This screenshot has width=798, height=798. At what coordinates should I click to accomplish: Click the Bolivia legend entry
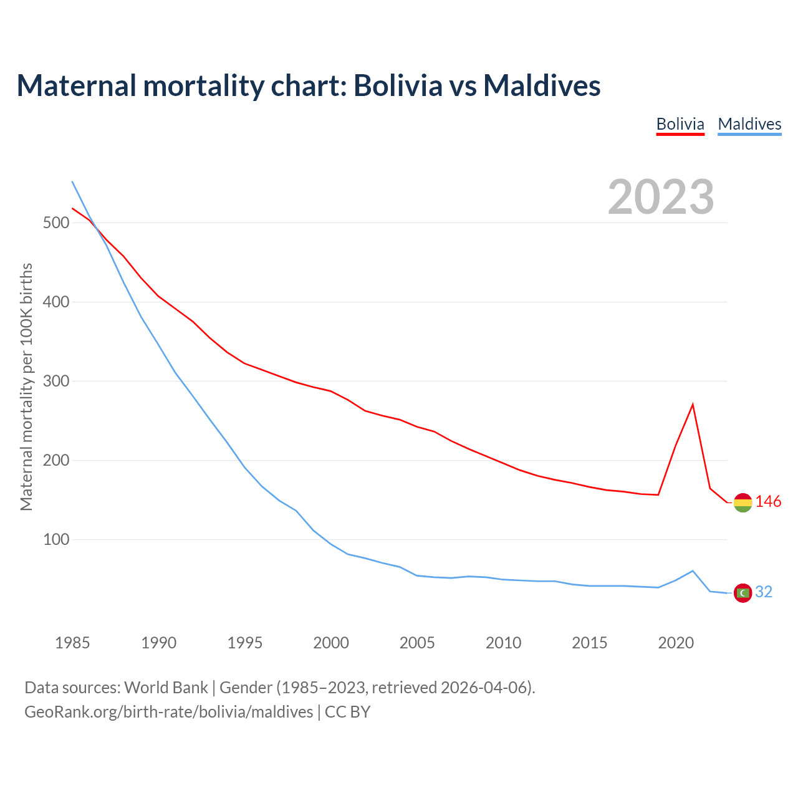680,124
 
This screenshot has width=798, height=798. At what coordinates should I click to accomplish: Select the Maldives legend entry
749,124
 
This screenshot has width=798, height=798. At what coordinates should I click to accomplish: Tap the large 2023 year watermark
661,197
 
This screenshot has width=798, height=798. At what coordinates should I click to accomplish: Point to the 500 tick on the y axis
55,223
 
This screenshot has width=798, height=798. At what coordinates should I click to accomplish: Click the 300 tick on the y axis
55,381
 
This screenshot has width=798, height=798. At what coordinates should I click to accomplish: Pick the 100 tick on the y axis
55,539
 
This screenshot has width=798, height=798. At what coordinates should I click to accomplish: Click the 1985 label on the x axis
72,643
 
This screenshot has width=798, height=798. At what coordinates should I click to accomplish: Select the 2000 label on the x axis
331,643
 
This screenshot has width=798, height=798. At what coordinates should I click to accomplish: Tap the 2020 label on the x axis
676,643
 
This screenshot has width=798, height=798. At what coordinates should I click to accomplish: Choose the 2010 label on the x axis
503,643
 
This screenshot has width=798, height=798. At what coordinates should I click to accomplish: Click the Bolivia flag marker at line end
743,502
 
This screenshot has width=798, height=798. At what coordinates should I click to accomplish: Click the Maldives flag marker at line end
743,593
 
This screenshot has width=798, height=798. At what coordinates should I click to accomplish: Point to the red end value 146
768,502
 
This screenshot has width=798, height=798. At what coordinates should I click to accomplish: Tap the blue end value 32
764,592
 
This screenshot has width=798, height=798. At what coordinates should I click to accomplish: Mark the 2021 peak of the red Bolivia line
693,405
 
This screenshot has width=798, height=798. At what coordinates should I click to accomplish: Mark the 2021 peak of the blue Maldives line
693,570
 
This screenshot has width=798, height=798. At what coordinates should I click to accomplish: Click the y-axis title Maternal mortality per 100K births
26,387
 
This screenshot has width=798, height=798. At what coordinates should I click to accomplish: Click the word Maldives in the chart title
542,85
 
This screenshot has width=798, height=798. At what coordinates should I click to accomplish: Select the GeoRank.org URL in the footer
168,712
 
